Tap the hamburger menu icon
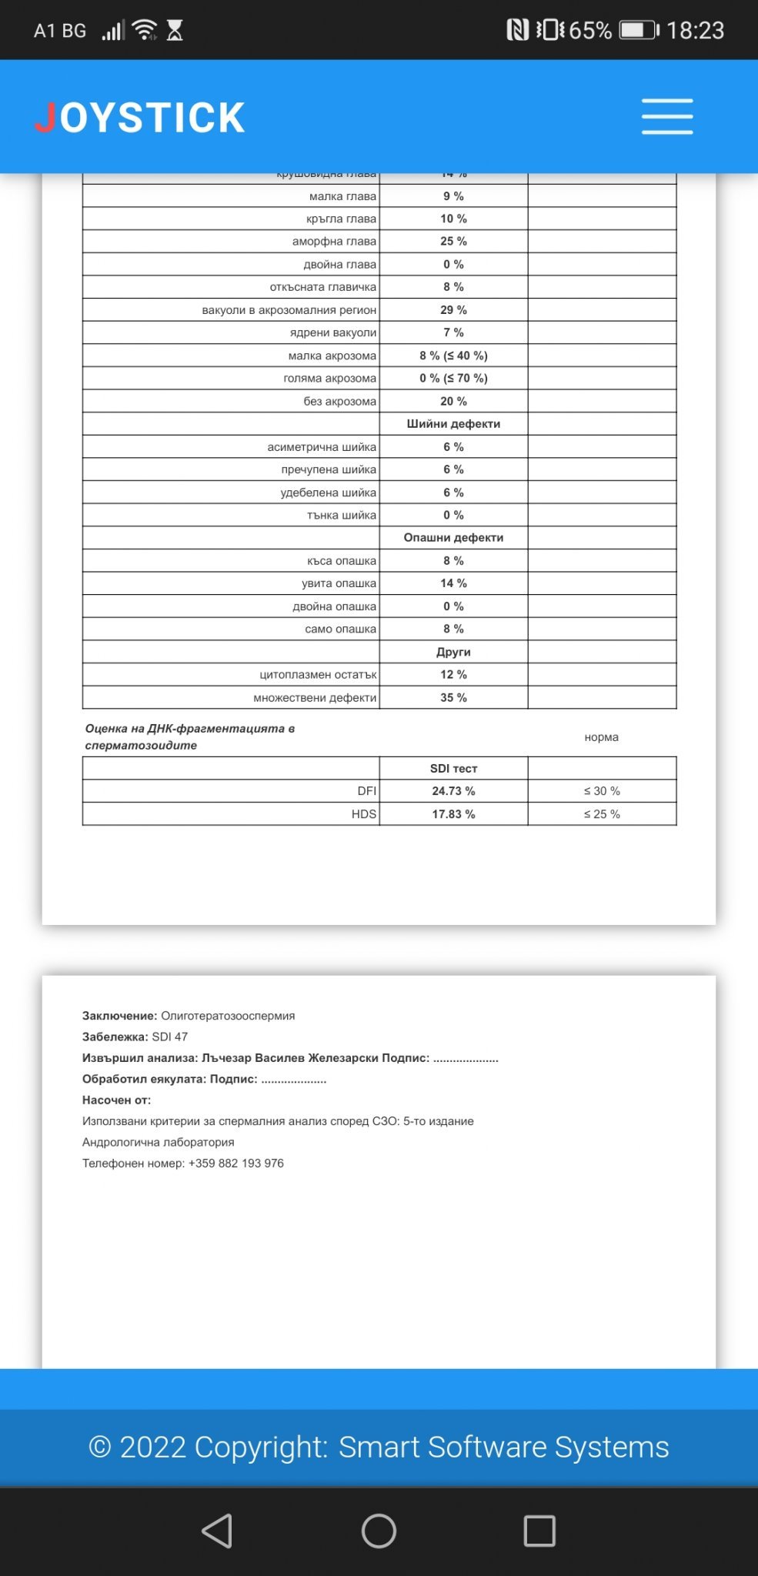pyautogui.click(x=667, y=117)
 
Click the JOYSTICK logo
pyautogui.click(x=140, y=118)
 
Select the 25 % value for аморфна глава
pyautogui.click(x=453, y=242)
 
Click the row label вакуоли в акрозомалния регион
pyautogui.click(x=289, y=310)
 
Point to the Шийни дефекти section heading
pyautogui.click(x=453, y=424)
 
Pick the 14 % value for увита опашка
pyautogui.click(x=453, y=583)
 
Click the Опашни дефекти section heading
pyautogui.click(x=453, y=538)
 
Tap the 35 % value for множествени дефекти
pyautogui.click(x=453, y=698)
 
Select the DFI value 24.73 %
pyautogui.click(x=453, y=791)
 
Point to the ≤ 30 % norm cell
pyautogui.click(x=602, y=791)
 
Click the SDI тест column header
pyautogui.click(x=453, y=769)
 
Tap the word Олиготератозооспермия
pyautogui.click(x=228, y=1016)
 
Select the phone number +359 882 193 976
pyautogui.click(x=236, y=1164)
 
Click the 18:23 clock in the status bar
pyautogui.click(x=695, y=31)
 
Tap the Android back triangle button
pyautogui.click(x=218, y=1531)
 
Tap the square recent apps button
pyautogui.click(x=539, y=1531)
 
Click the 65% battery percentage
pyautogui.click(x=590, y=31)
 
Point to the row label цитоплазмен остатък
pyautogui.click(x=318, y=675)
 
